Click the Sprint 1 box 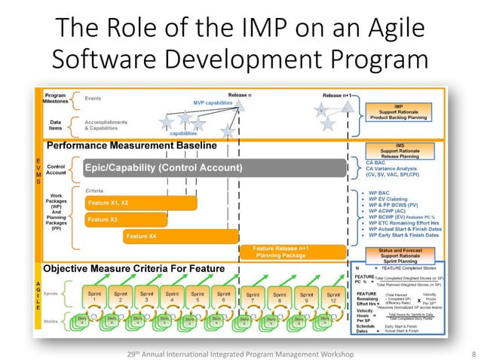pyautogui.click(x=94, y=296)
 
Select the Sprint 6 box pyautogui.click(x=224, y=296)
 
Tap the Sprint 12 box pyautogui.click(x=332, y=296)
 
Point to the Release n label pyautogui.click(x=240, y=96)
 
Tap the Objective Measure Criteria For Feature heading pyautogui.click(x=134, y=269)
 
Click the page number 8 pyautogui.click(x=472, y=352)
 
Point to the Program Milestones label pyautogui.click(x=54, y=99)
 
